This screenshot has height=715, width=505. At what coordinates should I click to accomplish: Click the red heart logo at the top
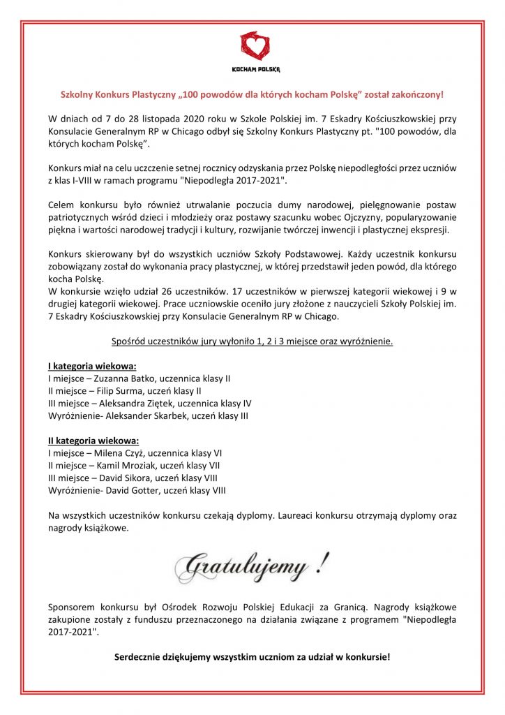click(x=252, y=46)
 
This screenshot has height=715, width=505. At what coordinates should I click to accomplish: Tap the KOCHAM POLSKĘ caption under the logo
click(x=252, y=69)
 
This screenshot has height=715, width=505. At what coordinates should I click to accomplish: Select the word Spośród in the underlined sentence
click(x=129, y=341)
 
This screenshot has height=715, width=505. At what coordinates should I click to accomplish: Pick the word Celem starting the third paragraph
click(x=61, y=205)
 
